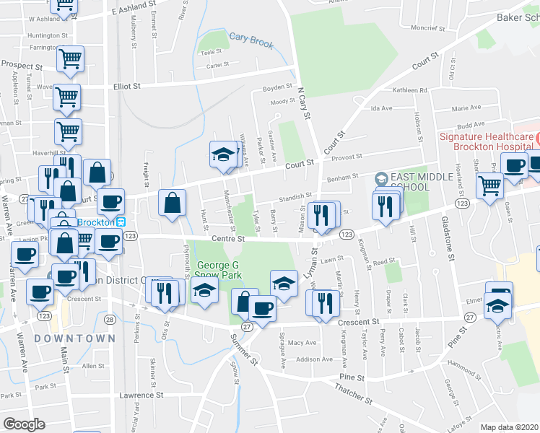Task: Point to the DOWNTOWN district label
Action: (x=75, y=338)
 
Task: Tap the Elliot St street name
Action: (x=127, y=86)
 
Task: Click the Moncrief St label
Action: (x=427, y=28)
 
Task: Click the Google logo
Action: (x=24, y=424)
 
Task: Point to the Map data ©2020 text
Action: (x=509, y=427)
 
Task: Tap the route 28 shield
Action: (x=110, y=319)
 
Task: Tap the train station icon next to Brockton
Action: (x=122, y=222)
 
